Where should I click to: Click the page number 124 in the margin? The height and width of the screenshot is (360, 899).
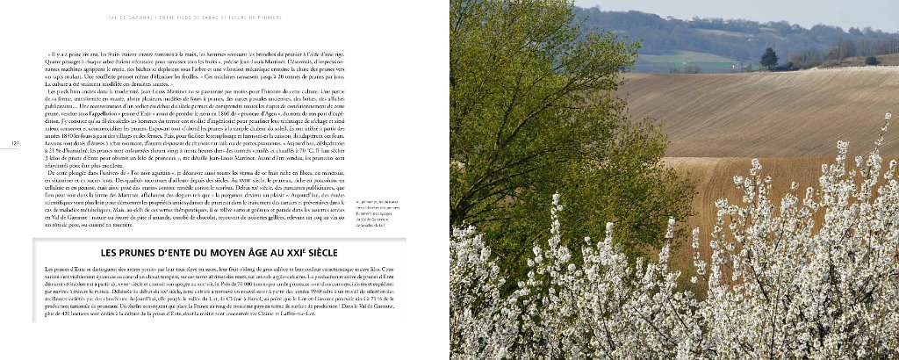pos(15,142)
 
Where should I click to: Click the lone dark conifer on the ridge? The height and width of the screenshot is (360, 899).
pos(769,58)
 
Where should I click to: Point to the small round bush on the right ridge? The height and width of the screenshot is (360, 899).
pos(872,60)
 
